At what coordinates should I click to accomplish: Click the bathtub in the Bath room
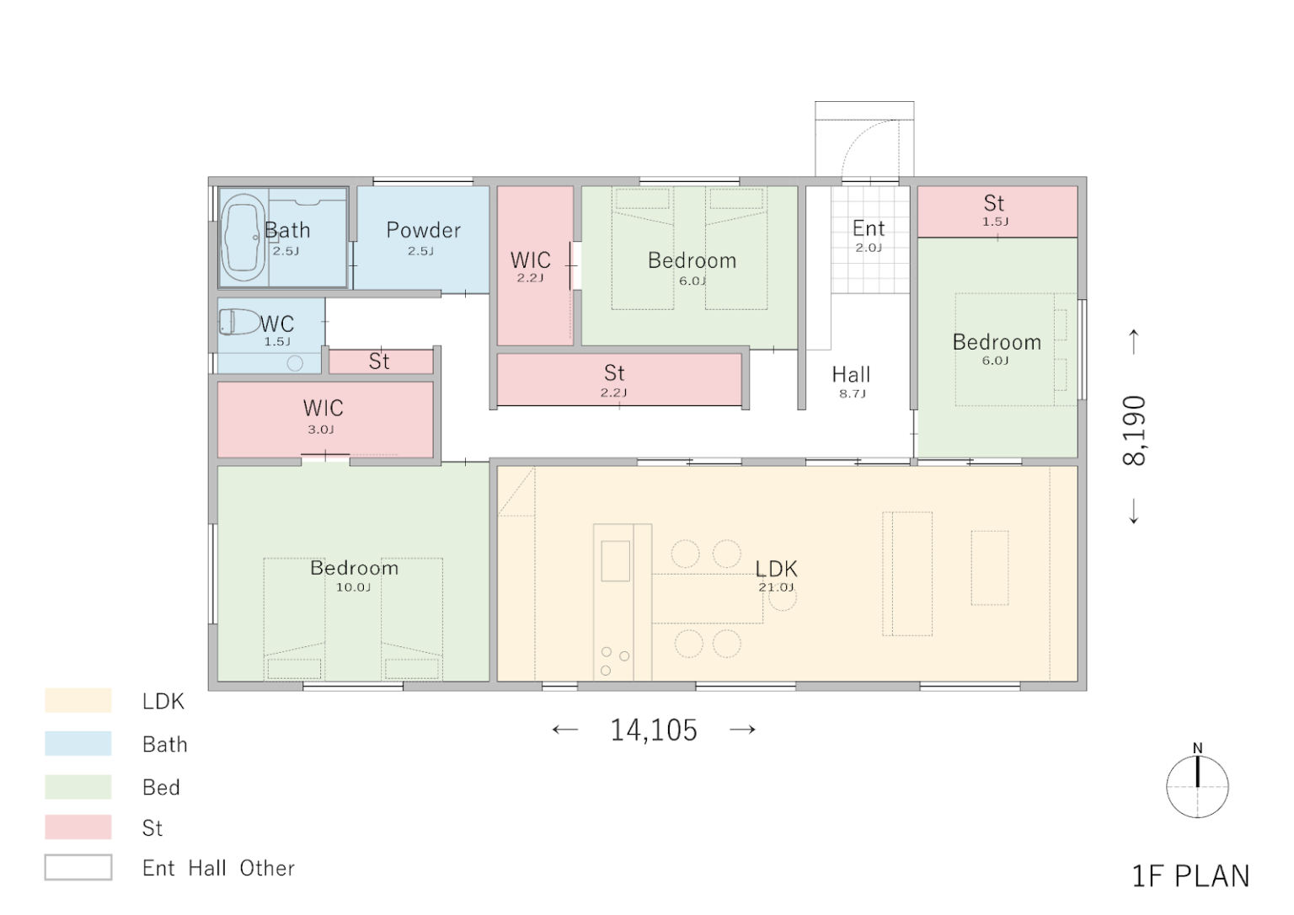pos(243,238)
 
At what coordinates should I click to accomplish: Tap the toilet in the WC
pos(239,322)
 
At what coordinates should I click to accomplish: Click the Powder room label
pos(424,230)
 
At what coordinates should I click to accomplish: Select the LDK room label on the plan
pos(777,569)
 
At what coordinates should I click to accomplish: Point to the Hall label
pos(851,374)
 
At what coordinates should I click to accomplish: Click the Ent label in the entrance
pos(869,228)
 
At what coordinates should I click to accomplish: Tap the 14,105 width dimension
pos(654,730)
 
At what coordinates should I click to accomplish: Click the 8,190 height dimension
pos(1134,430)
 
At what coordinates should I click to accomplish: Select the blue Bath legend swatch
pos(78,743)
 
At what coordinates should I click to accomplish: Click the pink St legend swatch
pos(78,827)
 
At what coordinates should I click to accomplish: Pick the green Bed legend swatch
pos(78,787)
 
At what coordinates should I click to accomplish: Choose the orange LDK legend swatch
pos(78,700)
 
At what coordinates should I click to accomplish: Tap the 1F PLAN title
pos(1190,876)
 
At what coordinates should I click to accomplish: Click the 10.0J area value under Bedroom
pos(354,587)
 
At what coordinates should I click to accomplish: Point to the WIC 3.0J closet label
pos(323,416)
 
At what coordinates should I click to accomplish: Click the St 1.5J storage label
pos(994,210)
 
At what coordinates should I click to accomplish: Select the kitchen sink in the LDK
pos(615,561)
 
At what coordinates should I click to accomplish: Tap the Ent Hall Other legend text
pos(218,868)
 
